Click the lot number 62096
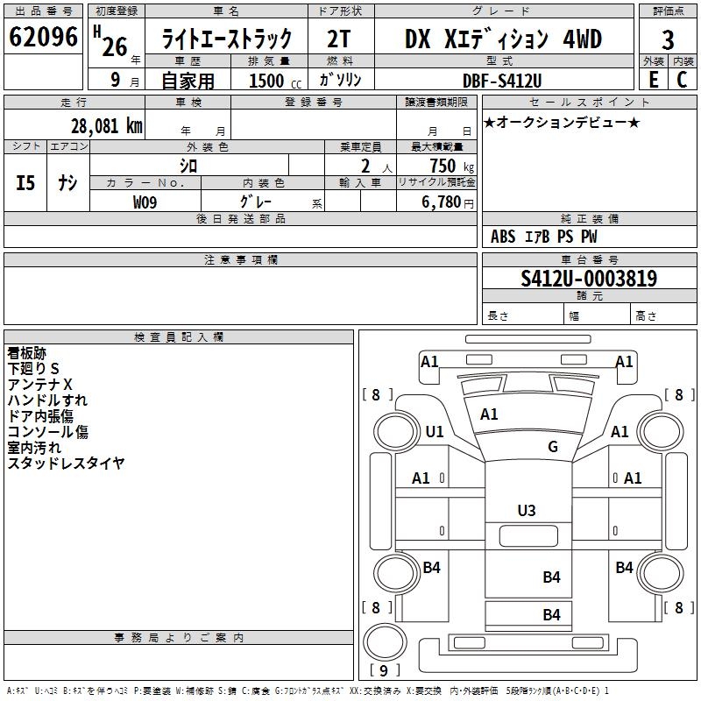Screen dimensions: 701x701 click(43, 37)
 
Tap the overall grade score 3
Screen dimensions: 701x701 click(668, 39)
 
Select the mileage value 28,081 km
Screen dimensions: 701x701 click(106, 126)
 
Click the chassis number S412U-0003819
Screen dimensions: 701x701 click(589, 278)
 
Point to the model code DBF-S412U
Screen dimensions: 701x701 click(502, 81)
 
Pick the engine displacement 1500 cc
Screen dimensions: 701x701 click(275, 81)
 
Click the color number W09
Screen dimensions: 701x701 click(145, 202)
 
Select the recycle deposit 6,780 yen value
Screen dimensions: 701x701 click(448, 202)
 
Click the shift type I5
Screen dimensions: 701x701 click(25, 183)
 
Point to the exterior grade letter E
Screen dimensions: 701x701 click(653, 80)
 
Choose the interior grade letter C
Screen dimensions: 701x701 click(682, 80)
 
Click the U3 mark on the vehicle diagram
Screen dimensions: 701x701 click(527, 511)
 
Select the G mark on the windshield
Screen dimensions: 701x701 click(553, 446)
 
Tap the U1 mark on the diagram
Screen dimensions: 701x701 click(435, 431)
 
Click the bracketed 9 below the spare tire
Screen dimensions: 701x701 click(384, 670)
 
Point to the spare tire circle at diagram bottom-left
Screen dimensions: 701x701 click(385, 642)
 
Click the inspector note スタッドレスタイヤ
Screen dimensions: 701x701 click(66, 464)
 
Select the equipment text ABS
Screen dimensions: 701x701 click(503, 237)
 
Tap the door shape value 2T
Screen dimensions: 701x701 click(338, 39)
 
